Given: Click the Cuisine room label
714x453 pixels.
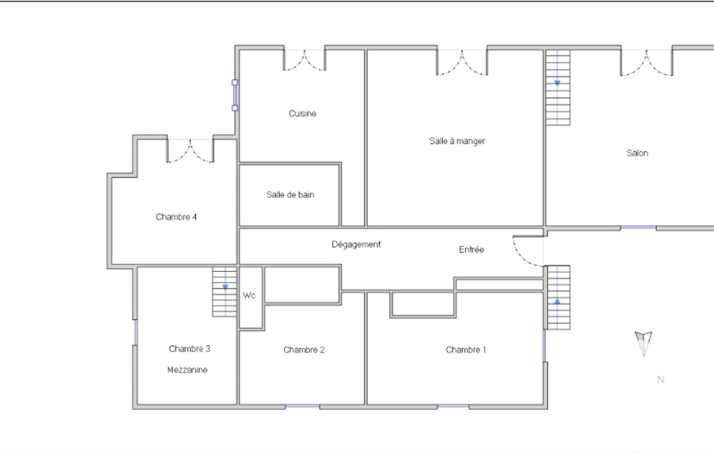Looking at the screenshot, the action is (x=302, y=114).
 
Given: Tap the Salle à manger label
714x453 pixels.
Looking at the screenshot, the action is (x=457, y=141).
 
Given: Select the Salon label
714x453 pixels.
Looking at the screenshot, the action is (x=637, y=153).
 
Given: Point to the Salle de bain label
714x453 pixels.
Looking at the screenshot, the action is (x=290, y=194).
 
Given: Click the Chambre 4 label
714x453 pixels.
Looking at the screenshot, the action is (x=176, y=217).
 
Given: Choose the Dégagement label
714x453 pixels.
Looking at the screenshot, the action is (x=356, y=245).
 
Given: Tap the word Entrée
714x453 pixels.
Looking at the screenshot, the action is (x=472, y=249).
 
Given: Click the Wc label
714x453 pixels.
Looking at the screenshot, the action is (x=249, y=295).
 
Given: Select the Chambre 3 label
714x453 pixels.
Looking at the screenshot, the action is (x=189, y=348).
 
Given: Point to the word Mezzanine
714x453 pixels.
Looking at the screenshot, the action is (x=187, y=370).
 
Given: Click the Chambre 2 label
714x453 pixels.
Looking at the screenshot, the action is (x=304, y=350).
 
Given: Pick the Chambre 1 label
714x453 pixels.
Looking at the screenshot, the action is (x=466, y=350).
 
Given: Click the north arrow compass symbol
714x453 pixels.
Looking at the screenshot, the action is (x=644, y=343).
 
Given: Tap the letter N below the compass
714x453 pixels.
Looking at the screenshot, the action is (x=661, y=380).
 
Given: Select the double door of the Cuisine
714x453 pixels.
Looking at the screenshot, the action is (x=304, y=60).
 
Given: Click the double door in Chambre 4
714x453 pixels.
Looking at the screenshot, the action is (x=190, y=151).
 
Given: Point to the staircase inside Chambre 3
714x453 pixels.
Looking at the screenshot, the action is (x=224, y=292).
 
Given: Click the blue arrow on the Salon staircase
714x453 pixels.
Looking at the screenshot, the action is (x=557, y=83).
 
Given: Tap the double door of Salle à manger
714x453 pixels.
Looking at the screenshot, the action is (x=462, y=62).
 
